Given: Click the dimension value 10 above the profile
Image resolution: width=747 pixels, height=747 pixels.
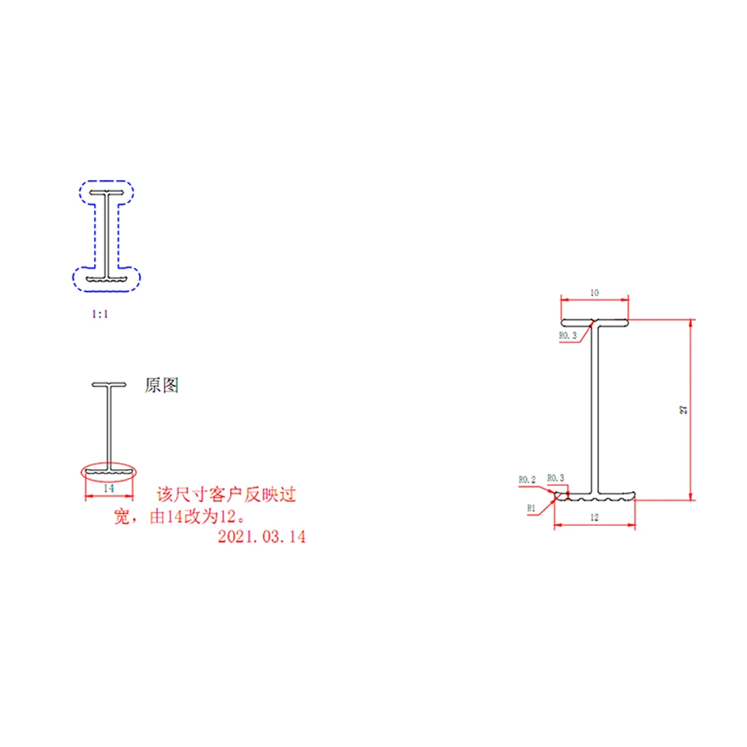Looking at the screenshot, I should pyautogui.click(x=594, y=293).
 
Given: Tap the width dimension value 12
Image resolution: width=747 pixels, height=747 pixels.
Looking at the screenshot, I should pyautogui.click(x=594, y=516).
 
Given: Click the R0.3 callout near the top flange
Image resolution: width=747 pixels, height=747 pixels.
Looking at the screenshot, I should pyautogui.click(x=568, y=335).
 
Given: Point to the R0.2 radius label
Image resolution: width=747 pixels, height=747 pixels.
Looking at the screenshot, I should pyautogui.click(x=527, y=479).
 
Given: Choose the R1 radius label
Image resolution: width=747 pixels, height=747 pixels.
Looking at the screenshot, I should pyautogui.click(x=532, y=507).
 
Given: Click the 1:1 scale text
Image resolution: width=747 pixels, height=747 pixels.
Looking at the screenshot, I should pyautogui.click(x=100, y=314).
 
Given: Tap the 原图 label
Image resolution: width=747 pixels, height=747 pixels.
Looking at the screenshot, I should pyautogui.click(x=161, y=385).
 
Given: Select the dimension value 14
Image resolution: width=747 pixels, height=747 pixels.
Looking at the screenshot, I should pyautogui.click(x=108, y=488).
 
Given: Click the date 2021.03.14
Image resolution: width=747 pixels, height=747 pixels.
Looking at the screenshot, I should pyautogui.click(x=261, y=536).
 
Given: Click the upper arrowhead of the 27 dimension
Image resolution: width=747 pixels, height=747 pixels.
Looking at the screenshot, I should pyautogui.click(x=690, y=323).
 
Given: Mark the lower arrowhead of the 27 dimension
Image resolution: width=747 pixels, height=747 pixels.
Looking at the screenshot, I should pyautogui.click(x=690, y=496).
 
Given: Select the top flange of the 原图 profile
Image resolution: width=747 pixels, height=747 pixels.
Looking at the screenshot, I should pyautogui.click(x=109, y=385).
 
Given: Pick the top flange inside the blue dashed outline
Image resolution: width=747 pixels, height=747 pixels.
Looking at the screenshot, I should pyautogui.click(x=107, y=194).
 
